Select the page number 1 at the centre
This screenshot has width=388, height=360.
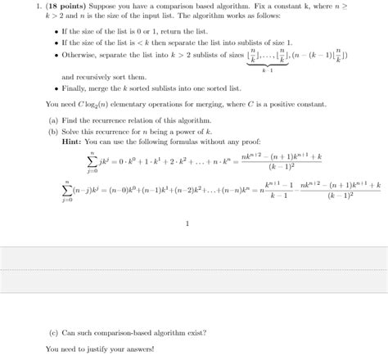click(187, 223)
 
